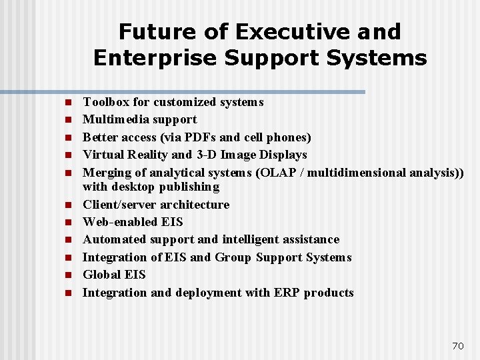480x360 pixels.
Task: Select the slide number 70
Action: click(x=457, y=345)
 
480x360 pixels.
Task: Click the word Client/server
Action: click(x=123, y=205)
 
